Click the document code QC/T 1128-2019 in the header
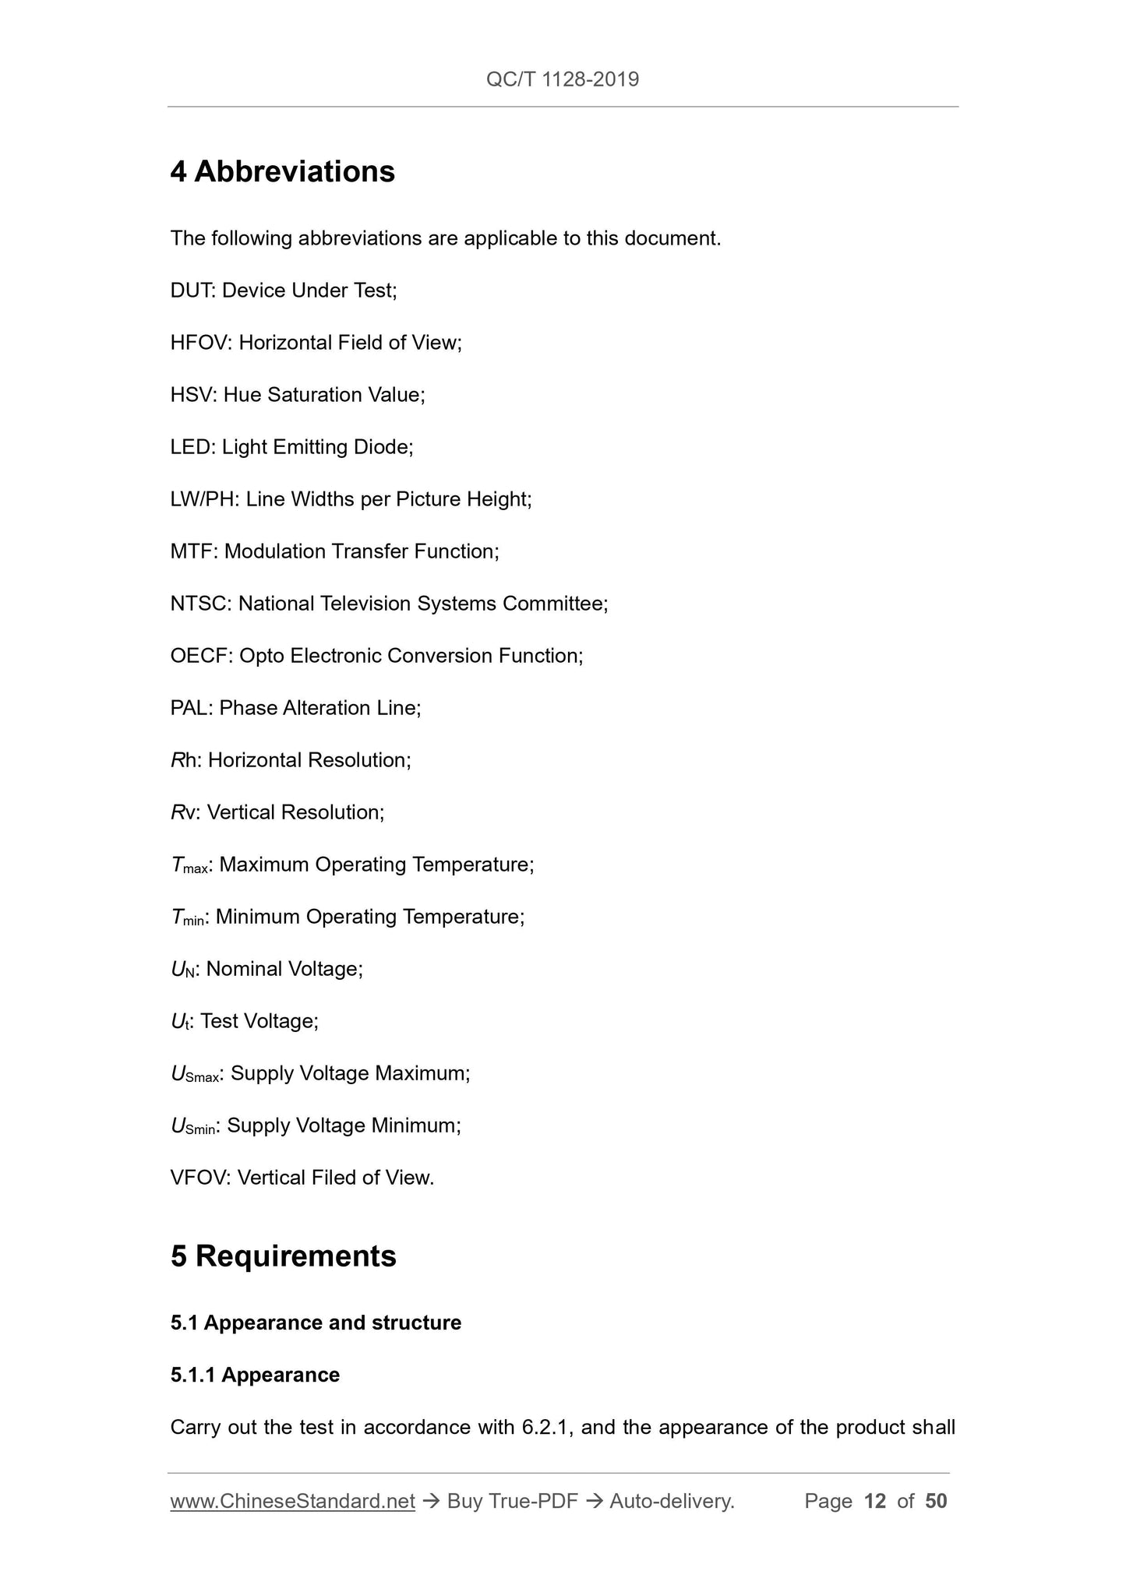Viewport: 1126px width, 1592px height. [x=562, y=79]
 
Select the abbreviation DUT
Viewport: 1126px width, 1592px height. [x=191, y=291]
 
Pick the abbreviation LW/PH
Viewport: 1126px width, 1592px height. [x=203, y=499]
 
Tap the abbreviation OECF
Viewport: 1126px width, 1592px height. [x=200, y=656]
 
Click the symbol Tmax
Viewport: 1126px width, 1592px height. [x=189, y=865]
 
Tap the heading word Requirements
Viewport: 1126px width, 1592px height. [x=295, y=1256]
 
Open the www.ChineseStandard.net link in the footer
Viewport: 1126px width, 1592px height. [x=292, y=1501]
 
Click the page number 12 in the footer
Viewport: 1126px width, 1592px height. [x=875, y=1501]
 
